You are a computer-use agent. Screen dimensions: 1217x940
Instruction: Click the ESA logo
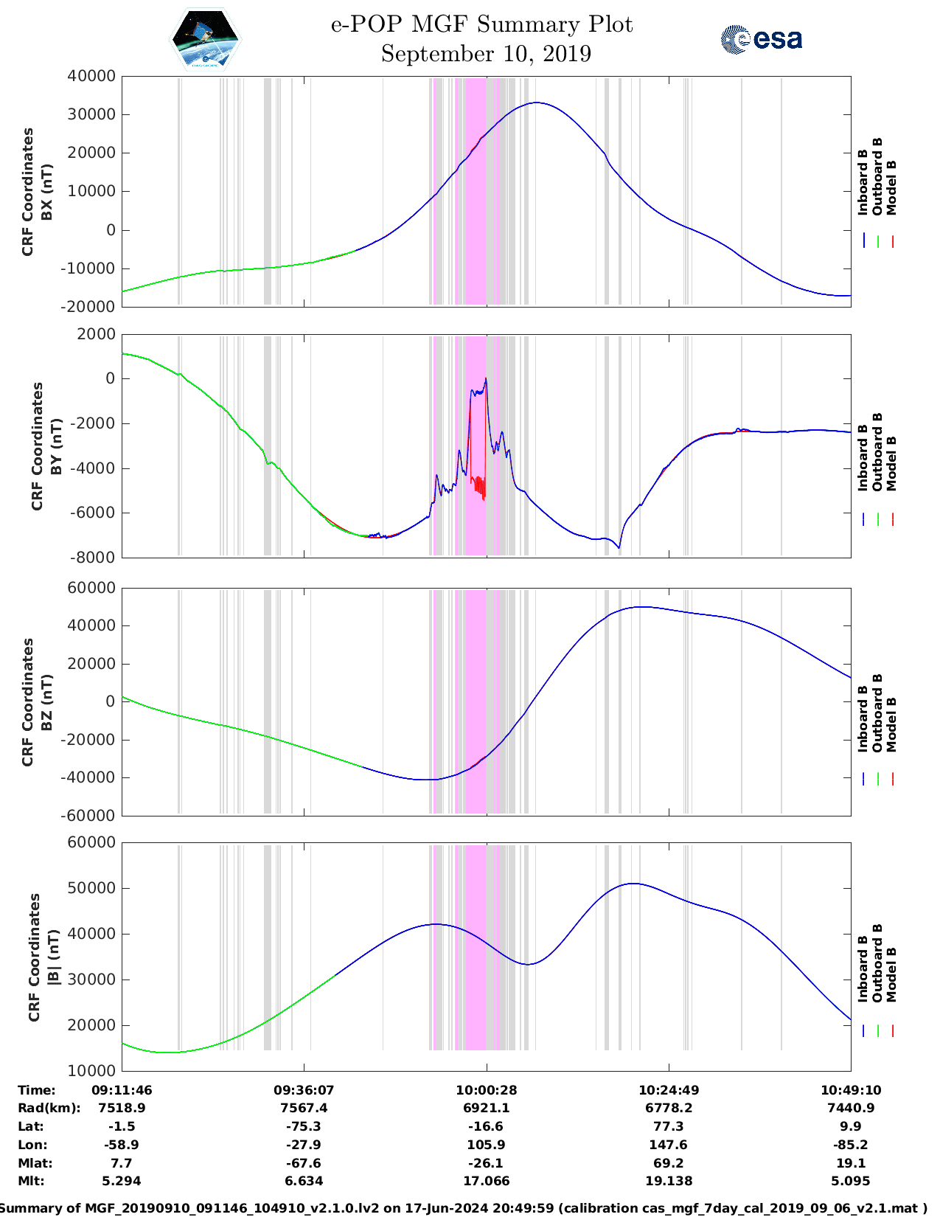click(x=761, y=39)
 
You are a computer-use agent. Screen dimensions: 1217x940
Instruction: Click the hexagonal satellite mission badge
click(x=206, y=40)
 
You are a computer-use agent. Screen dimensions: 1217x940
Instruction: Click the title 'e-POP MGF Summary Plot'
click(x=481, y=24)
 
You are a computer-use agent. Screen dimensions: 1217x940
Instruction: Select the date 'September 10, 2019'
click(x=486, y=54)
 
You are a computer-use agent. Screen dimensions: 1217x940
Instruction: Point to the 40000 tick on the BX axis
click(x=91, y=76)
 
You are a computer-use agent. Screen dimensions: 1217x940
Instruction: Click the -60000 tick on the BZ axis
click(x=88, y=816)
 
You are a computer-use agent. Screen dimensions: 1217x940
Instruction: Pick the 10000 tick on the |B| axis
click(x=91, y=1070)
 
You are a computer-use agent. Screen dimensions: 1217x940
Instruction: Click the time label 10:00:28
click(x=486, y=1090)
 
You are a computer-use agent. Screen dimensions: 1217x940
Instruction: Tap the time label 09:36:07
click(x=304, y=1090)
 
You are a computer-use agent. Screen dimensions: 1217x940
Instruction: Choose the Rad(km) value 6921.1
click(x=486, y=1108)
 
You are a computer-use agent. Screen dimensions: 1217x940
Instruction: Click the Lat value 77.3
click(x=669, y=1126)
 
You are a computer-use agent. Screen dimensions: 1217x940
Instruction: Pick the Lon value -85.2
click(x=851, y=1145)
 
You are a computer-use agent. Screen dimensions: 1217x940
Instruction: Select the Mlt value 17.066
click(x=486, y=1181)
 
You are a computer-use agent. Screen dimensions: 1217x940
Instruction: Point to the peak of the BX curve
click(x=536, y=103)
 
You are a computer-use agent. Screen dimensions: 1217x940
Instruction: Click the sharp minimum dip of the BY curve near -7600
click(x=619, y=547)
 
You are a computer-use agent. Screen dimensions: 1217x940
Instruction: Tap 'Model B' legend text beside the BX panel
click(x=891, y=187)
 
